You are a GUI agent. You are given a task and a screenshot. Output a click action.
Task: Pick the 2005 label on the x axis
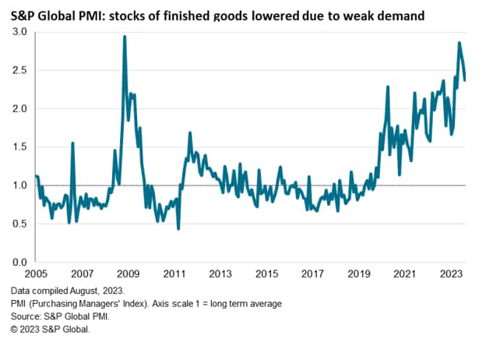pyautogui.click(x=36, y=275)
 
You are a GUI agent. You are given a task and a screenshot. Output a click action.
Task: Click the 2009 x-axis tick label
pyautogui.click(x=128, y=275)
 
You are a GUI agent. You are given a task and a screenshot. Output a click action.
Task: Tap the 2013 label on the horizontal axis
pyautogui.click(x=220, y=275)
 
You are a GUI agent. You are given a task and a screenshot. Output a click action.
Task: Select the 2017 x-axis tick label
pyautogui.click(x=312, y=275)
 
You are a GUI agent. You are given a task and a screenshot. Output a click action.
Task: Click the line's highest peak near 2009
pyautogui.click(x=125, y=37)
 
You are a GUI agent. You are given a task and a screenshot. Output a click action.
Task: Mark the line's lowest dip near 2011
pyautogui.click(x=179, y=228)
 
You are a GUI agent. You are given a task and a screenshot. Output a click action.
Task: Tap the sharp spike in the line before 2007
pyautogui.click(x=72, y=143)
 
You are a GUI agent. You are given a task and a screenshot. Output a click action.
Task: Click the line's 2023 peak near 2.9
pyautogui.click(x=460, y=43)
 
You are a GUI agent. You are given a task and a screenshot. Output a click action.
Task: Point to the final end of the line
pyautogui.click(x=466, y=79)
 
